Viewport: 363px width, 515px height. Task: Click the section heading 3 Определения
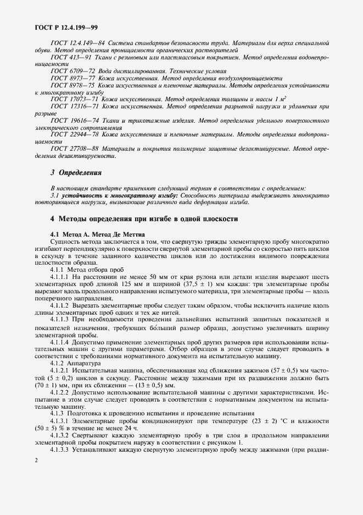[x=76, y=172]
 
